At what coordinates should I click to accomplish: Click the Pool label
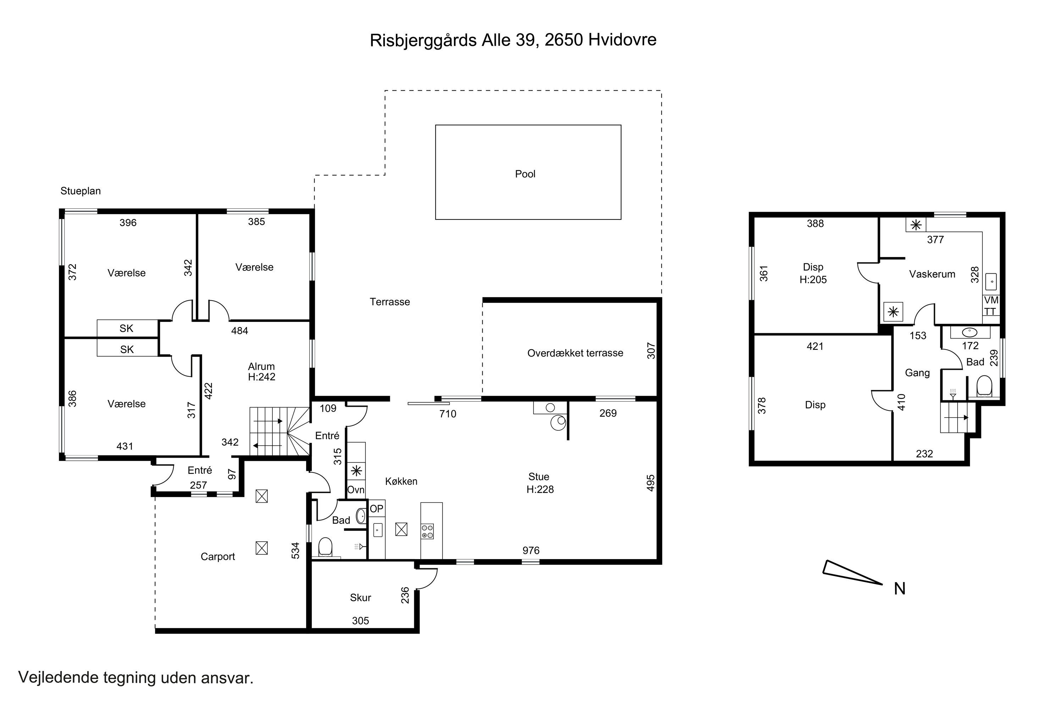(x=525, y=174)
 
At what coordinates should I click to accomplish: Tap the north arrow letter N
(x=899, y=589)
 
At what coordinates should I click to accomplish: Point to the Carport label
(x=218, y=557)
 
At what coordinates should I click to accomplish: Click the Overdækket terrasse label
(x=575, y=353)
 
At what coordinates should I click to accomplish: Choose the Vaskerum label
(x=932, y=274)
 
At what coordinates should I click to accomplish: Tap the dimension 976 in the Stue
(x=531, y=550)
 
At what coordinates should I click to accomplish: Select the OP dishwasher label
(x=376, y=509)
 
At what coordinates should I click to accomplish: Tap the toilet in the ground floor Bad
(x=325, y=547)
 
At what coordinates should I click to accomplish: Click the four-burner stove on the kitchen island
(x=427, y=531)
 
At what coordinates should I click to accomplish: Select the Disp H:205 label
(x=813, y=274)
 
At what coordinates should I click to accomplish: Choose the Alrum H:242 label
(x=261, y=372)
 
